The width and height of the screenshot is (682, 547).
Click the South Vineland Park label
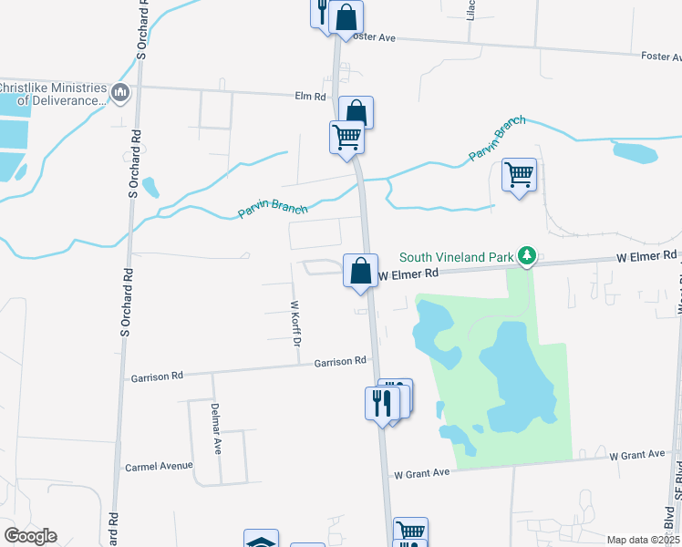(x=456, y=257)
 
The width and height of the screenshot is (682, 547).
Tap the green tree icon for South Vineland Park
(x=526, y=257)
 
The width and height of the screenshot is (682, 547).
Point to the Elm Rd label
(x=310, y=96)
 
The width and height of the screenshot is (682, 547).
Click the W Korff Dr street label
(x=294, y=324)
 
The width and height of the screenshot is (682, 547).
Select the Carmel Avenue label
(x=159, y=466)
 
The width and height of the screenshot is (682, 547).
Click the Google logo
(x=30, y=536)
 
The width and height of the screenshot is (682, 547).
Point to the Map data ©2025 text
(x=642, y=540)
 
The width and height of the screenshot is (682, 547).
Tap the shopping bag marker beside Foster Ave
(x=346, y=17)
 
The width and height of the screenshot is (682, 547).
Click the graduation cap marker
(x=262, y=541)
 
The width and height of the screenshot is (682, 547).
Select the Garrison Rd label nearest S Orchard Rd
(x=157, y=376)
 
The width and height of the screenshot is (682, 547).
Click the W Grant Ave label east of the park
(x=638, y=454)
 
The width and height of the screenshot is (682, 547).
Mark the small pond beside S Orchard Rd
(x=150, y=187)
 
